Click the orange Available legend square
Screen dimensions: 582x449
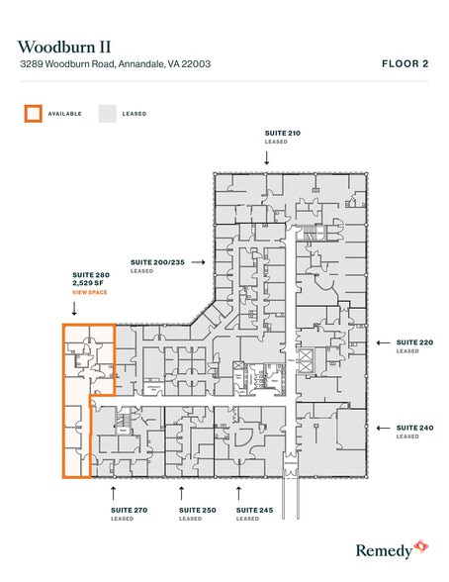click(34, 114)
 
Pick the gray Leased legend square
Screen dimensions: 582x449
click(106, 114)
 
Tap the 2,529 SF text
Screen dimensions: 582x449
click(78, 283)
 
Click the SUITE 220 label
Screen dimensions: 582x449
click(414, 342)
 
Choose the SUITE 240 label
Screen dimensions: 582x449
click(414, 427)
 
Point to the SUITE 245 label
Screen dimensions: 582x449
click(252, 511)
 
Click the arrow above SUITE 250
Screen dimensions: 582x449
click(180, 490)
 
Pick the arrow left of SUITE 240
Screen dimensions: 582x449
click(381, 428)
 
